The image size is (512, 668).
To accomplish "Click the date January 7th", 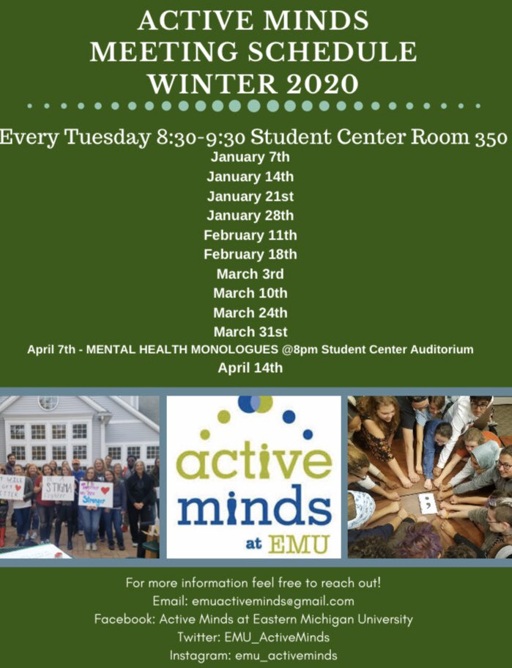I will click(x=250, y=157).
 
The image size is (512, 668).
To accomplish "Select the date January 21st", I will click(x=250, y=196).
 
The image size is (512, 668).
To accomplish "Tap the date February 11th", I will click(x=250, y=235).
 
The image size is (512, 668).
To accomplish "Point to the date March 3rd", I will click(x=250, y=274).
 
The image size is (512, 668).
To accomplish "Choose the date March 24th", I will click(x=250, y=313).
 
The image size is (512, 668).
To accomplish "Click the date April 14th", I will click(x=250, y=368).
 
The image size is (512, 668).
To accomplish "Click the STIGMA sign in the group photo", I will click(x=58, y=486).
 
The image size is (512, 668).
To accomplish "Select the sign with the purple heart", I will click(x=95, y=493).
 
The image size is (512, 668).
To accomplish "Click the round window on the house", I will click(x=48, y=403).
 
